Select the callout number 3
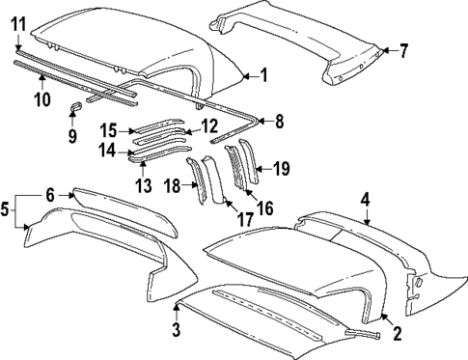(177, 332)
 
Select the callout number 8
(281, 122)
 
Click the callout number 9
(70, 135)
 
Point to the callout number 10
(41, 98)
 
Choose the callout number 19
(281, 169)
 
